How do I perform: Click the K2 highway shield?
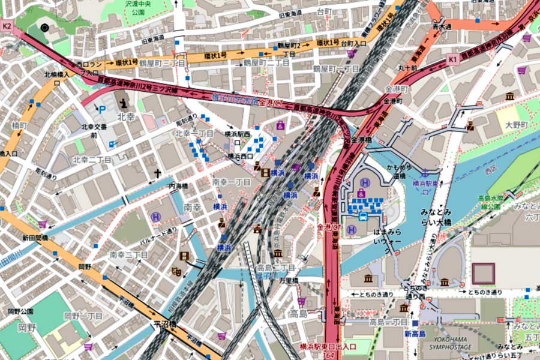coord(7,26)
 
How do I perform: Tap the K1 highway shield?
coord(452,59)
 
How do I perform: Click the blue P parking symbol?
coord(101,110)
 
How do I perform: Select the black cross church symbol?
coord(158,174)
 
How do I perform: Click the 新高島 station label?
coord(415,334)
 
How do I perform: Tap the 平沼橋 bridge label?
coord(165,324)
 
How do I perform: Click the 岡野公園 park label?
coord(20,311)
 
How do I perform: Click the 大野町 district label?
coord(515,125)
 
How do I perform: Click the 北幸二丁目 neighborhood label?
coord(92,160)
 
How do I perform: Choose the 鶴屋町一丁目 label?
coord(336,69)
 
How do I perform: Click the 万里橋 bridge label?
coord(288,280)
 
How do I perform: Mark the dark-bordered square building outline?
coord(484,274)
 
